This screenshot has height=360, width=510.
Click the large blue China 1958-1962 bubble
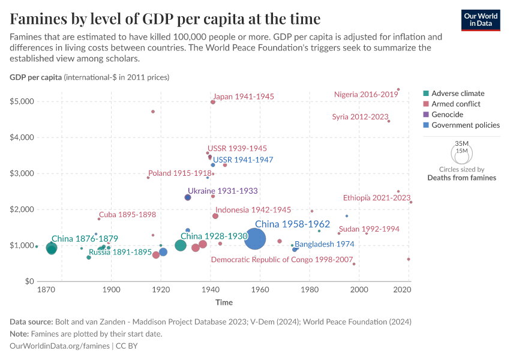tap(255, 240)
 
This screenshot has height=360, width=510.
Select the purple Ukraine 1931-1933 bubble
tap(188, 197)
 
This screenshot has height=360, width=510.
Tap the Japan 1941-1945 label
tap(244, 96)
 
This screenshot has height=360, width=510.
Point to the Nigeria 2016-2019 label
tap(366, 94)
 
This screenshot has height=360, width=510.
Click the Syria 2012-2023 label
tap(360, 116)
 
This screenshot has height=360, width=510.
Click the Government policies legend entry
tap(466, 125)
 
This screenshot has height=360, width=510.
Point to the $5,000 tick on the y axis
tap(21, 101)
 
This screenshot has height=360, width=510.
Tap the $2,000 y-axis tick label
tap(21, 209)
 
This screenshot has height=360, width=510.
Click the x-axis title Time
tap(224, 302)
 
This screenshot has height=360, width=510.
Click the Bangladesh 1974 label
tap(324, 244)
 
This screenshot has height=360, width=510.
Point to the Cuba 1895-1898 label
tap(127, 215)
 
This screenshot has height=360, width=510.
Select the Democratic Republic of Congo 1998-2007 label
tap(282, 260)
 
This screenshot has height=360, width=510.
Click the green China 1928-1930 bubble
tap(181, 245)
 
